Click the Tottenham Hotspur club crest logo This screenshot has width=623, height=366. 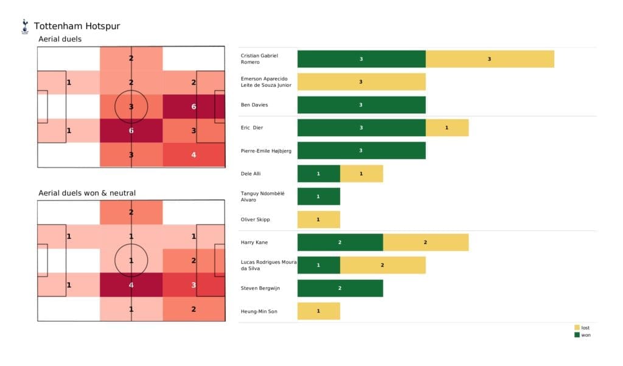[24, 26]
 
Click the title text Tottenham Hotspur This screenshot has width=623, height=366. [77, 26]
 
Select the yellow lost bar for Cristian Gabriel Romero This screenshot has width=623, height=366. [490, 59]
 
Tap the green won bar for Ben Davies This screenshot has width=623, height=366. [361, 105]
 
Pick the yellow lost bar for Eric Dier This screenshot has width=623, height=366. [447, 128]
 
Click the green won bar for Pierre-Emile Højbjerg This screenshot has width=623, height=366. [361, 151]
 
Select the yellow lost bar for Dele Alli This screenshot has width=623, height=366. [361, 174]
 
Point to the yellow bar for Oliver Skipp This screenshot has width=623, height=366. [318, 219]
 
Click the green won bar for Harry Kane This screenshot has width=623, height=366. [340, 242]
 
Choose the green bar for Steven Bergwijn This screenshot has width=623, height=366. [340, 288]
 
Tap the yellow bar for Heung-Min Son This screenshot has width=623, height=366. [318, 311]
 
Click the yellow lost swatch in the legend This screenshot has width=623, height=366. [577, 328]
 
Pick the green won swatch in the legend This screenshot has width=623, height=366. [577, 335]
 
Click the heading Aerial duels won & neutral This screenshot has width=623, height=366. [87, 193]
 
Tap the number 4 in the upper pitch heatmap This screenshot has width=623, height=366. [193, 154]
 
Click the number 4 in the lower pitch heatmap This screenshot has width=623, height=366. [131, 285]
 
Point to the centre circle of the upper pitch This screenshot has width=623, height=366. [131, 106]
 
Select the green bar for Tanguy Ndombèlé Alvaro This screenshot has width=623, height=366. [318, 196]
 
